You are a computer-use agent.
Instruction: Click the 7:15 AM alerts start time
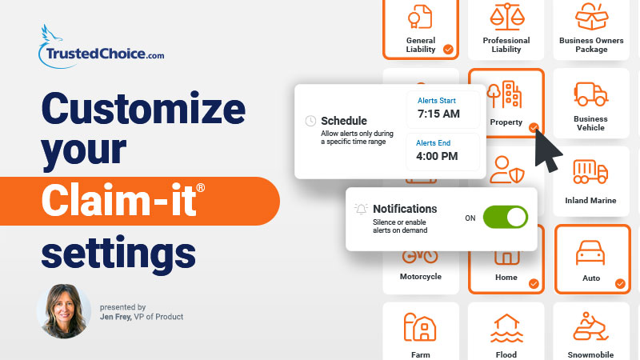[439, 114]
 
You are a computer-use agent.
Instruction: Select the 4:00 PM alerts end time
[438, 155]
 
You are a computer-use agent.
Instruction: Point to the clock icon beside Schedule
[310, 121]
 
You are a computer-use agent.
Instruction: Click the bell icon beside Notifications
[362, 209]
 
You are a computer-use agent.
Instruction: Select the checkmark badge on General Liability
[448, 49]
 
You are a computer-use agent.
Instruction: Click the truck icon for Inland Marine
[590, 171]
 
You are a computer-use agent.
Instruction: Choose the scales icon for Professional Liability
[506, 15]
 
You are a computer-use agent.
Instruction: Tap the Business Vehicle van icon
[590, 94]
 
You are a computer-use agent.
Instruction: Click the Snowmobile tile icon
[590, 328]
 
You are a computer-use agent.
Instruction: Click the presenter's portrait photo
[63, 310]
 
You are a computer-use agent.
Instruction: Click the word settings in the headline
[118, 250]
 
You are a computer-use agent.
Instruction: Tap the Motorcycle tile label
[420, 277]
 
